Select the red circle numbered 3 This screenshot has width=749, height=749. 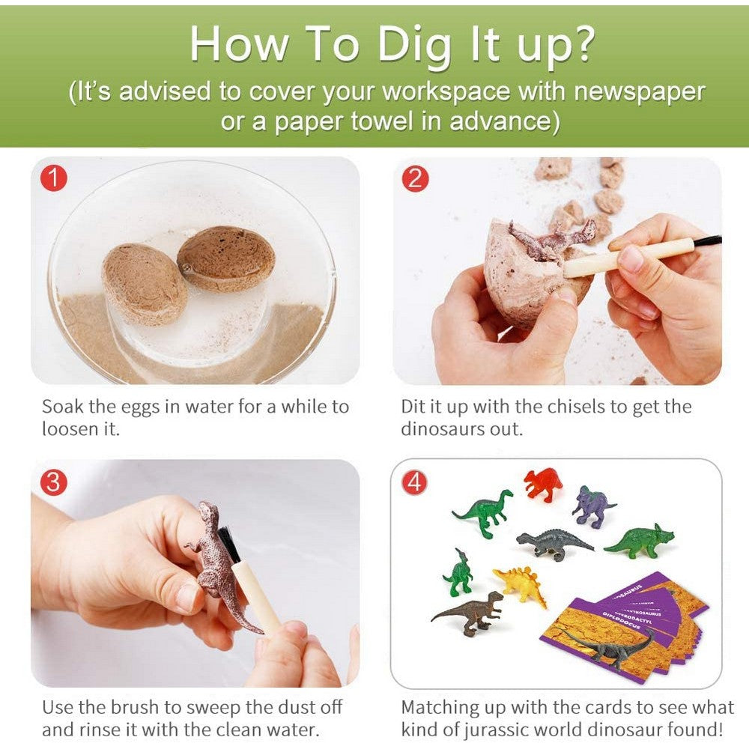click(52, 482)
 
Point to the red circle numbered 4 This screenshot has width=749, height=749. click(413, 483)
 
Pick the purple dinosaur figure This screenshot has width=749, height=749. click(592, 505)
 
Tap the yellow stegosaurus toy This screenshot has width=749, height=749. click(521, 585)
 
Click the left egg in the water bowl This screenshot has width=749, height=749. click(145, 284)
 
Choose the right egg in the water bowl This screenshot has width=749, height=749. click(226, 258)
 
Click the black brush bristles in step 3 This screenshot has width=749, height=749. click(229, 545)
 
